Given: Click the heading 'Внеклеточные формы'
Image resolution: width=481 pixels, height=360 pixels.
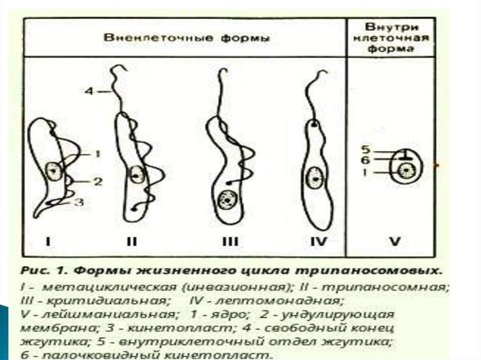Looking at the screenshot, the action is coord(186,38).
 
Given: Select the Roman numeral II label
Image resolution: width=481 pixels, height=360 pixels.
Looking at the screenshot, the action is coord(132,243).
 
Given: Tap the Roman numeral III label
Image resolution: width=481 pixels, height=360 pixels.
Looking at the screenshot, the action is coord(230,243).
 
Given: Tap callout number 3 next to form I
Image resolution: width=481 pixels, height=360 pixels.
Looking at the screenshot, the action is coord(80,202).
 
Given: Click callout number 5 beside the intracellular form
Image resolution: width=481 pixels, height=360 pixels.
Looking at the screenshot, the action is coord(366,151).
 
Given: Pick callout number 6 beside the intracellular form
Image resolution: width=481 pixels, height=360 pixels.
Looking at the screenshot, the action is coord(366,160).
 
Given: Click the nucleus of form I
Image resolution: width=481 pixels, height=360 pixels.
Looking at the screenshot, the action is coord(53,171).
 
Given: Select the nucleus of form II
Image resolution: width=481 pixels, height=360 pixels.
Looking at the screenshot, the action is coord(136,175).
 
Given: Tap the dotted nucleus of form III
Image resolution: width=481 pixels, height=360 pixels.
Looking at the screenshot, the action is coord(226,201).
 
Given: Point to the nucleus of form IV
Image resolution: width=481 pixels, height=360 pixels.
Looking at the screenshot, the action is coord(313,179).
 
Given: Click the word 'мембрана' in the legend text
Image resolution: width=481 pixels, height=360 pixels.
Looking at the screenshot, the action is coord(45,327).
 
